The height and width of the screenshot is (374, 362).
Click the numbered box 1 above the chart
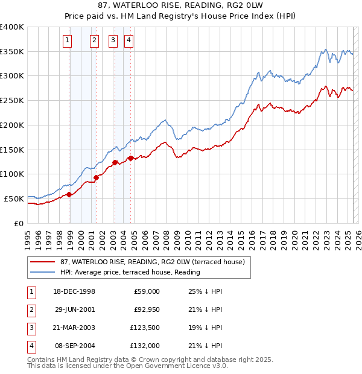point(66,41)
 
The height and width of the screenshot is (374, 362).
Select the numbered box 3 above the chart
point(113,41)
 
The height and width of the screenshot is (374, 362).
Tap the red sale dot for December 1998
point(69,194)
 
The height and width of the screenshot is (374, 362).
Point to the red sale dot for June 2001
point(97,177)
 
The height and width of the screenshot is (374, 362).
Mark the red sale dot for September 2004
point(130,158)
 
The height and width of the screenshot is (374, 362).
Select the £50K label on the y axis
point(14,198)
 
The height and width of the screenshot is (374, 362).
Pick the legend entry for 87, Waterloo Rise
point(152,262)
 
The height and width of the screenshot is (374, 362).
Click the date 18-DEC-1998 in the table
point(75,291)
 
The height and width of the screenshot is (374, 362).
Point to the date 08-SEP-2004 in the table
point(75,346)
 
